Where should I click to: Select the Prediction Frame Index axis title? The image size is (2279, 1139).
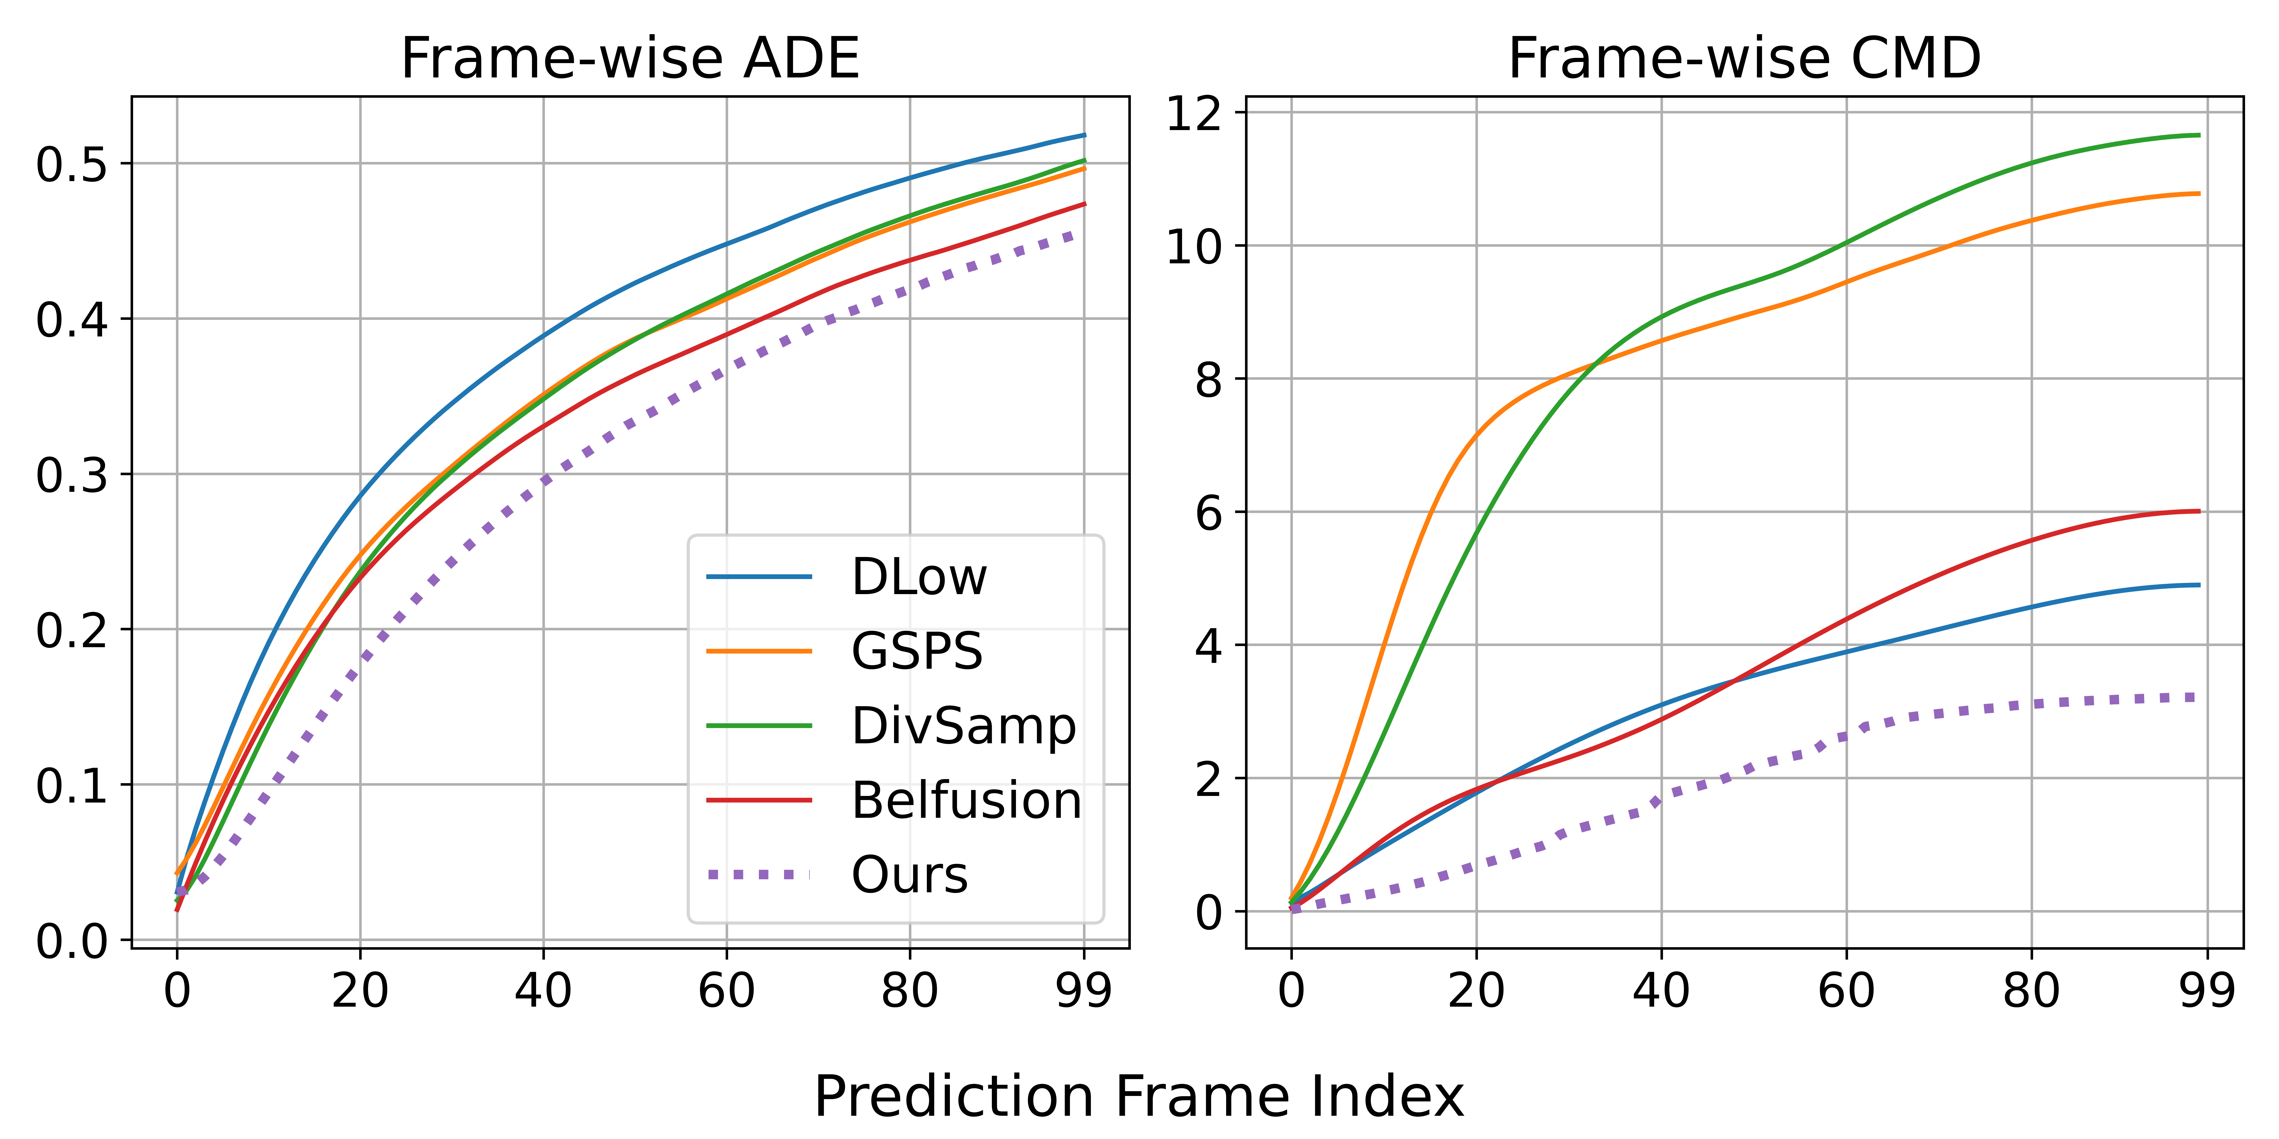(x=1139, y=1097)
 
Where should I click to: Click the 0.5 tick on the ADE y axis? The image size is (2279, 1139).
(x=72, y=164)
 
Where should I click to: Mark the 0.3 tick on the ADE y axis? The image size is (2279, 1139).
(x=72, y=475)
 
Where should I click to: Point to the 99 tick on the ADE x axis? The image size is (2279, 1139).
(x=1084, y=990)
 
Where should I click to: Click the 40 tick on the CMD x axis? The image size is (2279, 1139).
(x=1660, y=990)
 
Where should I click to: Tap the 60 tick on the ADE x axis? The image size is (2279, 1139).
(x=726, y=990)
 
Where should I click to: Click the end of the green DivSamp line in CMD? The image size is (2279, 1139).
(x=2199, y=135)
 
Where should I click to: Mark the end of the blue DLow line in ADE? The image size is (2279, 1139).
(x=1084, y=135)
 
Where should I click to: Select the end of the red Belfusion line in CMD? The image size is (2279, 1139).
(x=2199, y=511)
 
